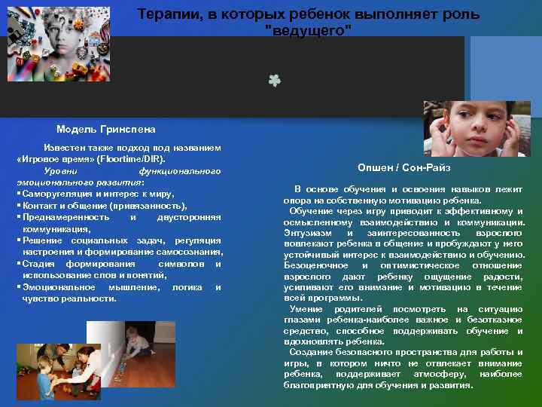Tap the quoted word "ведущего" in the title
(309, 29)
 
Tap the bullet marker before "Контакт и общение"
(18, 206)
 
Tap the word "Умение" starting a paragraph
(307, 309)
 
